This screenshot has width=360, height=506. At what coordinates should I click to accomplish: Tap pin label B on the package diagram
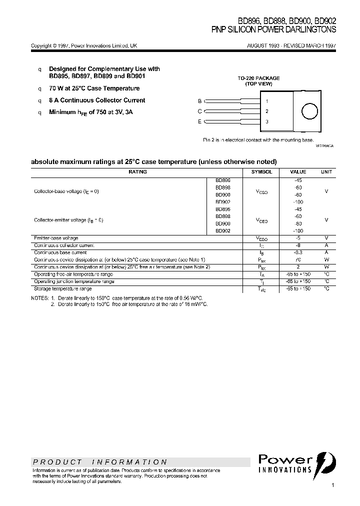coord(199,101)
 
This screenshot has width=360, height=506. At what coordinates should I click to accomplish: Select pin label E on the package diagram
coord(199,121)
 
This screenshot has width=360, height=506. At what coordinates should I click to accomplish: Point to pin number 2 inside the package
coord(267,111)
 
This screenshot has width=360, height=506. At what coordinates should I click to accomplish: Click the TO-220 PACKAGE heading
coord(258,78)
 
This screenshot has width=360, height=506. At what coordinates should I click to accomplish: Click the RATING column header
coord(137,171)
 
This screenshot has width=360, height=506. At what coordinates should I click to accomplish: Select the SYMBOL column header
coord(261,171)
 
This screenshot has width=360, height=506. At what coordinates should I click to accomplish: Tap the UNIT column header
coord(326,171)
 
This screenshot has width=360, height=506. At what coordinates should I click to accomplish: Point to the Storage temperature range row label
coord(62,289)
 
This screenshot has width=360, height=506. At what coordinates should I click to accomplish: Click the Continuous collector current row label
coord(64,245)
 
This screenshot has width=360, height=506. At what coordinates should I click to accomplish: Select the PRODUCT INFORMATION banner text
coord(99,462)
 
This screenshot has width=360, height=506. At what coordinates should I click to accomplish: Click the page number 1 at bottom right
coord(333,485)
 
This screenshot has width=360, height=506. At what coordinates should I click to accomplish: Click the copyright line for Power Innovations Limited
coord(83,45)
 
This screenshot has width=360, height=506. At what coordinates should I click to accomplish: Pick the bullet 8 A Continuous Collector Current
coord(97,100)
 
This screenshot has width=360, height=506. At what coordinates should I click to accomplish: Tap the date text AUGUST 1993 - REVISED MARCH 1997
coord(291,45)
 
